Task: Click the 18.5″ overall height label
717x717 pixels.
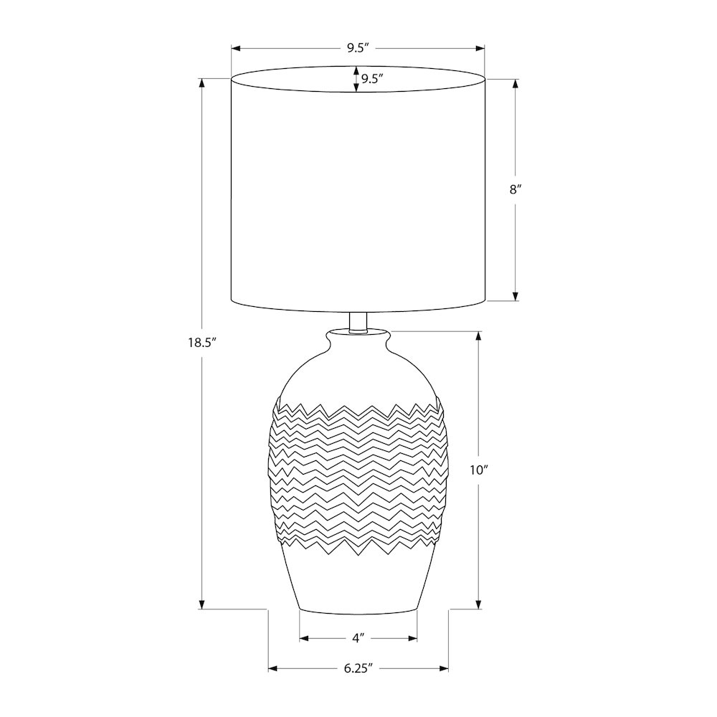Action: click(201, 343)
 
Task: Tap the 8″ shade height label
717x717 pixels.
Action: click(516, 189)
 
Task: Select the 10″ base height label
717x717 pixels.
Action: click(479, 470)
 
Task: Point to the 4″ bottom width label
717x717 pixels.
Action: click(358, 638)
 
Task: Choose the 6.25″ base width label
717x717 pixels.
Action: click(358, 668)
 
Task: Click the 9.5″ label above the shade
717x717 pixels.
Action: click(358, 48)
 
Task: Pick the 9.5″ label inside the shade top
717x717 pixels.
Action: click(371, 79)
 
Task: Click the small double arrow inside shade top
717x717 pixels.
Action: click(356, 79)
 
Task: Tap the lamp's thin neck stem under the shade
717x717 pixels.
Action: click(358, 321)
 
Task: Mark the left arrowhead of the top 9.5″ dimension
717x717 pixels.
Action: click(235, 48)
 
